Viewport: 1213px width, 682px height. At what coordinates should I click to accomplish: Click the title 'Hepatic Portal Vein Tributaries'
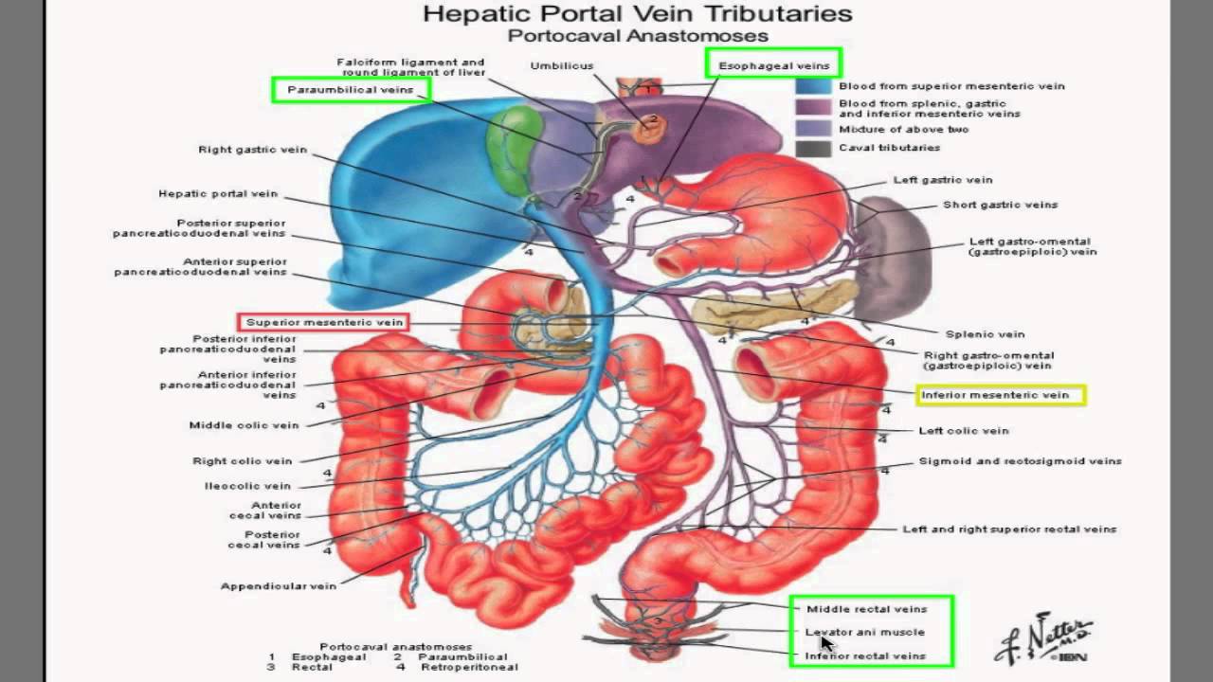pyautogui.click(x=637, y=14)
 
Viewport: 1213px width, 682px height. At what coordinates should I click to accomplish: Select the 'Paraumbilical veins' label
pyautogui.click(x=351, y=90)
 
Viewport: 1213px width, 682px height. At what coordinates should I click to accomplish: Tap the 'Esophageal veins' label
pyautogui.click(x=773, y=65)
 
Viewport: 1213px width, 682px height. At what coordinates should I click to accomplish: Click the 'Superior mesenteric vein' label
pyautogui.click(x=324, y=322)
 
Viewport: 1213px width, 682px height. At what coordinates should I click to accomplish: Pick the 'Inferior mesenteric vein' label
pyautogui.click(x=1000, y=395)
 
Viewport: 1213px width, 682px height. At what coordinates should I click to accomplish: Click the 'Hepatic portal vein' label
pyautogui.click(x=218, y=194)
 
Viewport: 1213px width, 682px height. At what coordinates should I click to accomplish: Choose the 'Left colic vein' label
pyautogui.click(x=964, y=431)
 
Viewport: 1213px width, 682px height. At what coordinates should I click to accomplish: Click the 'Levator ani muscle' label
pyautogui.click(x=864, y=632)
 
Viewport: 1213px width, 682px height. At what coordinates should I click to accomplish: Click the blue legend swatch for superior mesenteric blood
pyautogui.click(x=814, y=86)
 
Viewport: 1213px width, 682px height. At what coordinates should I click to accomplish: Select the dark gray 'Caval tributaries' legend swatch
pyautogui.click(x=814, y=148)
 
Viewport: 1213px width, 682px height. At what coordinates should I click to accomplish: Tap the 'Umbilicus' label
pyautogui.click(x=562, y=65)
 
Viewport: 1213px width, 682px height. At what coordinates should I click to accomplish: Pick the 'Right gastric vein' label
pyautogui.click(x=252, y=150)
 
